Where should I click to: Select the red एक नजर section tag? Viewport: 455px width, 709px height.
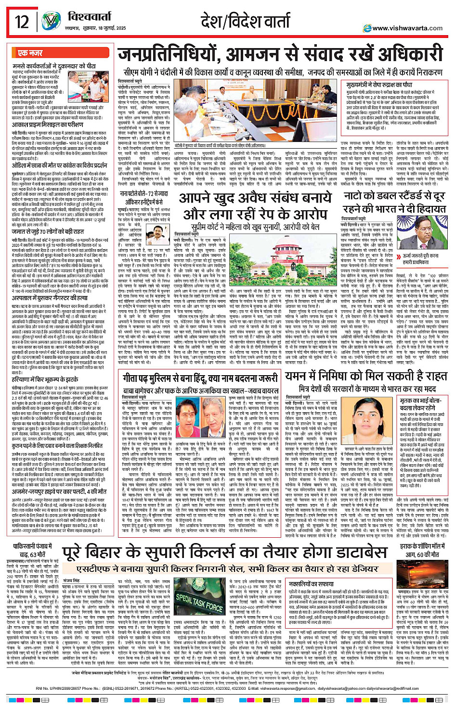[x=30, y=53]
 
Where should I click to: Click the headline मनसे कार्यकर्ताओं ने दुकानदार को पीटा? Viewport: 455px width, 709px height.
[x=54, y=65]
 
